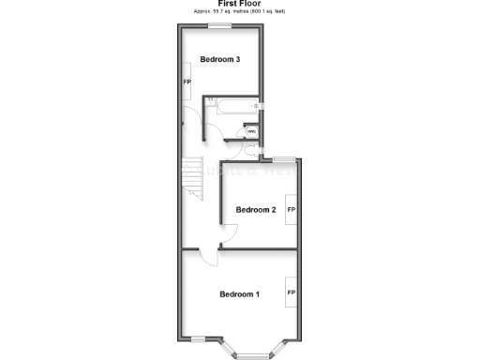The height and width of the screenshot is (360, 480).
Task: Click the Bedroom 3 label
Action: click(x=220, y=60)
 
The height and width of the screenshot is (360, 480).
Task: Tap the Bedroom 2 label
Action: click(x=255, y=210)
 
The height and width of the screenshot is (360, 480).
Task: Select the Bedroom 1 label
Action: click(x=239, y=294)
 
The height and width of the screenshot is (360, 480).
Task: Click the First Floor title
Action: click(x=239, y=4)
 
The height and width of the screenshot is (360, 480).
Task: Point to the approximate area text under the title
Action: click(x=239, y=11)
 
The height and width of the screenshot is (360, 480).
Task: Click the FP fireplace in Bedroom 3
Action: click(x=187, y=82)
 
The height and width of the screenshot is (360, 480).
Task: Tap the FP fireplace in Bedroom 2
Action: click(x=292, y=210)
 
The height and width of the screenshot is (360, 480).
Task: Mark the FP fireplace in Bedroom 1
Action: click(x=292, y=293)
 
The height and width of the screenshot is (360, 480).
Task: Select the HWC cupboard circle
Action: click(x=250, y=131)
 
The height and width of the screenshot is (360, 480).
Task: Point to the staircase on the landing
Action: click(x=191, y=178)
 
